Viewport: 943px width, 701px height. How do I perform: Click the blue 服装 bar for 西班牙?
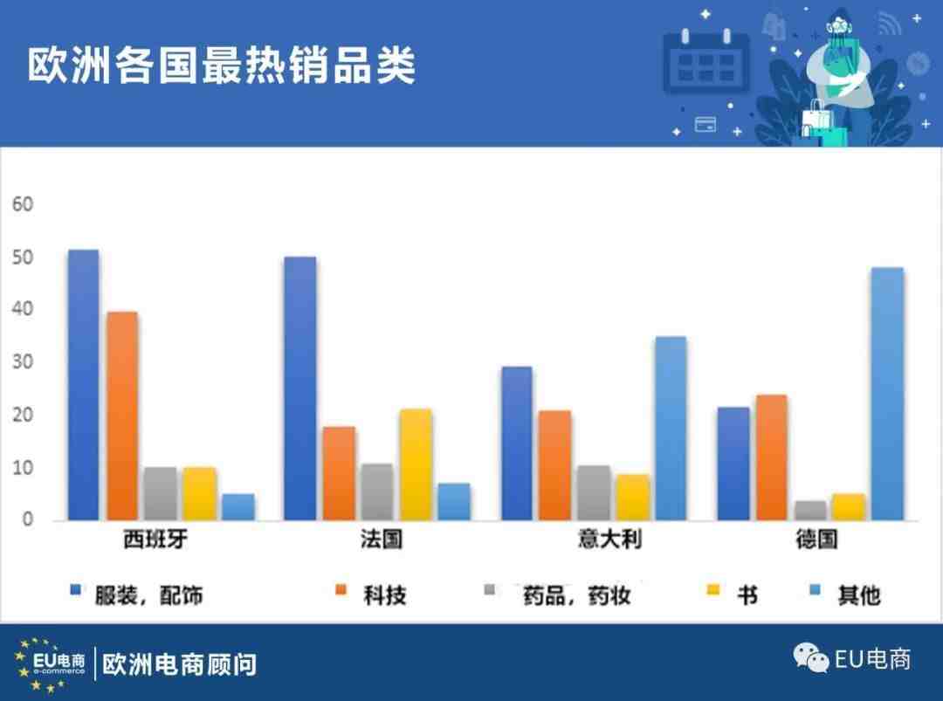(84, 385)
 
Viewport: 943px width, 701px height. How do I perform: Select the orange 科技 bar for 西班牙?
(123, 416)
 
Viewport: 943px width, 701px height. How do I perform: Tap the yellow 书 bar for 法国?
(416, 464)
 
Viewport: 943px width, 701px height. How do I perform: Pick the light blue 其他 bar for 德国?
(888, 394)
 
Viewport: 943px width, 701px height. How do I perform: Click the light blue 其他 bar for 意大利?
(671, 428)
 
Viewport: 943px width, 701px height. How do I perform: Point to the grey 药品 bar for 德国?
(810, 511)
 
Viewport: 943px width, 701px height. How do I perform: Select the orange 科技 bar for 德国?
(772, 457)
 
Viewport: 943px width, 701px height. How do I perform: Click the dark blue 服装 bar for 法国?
(300, 388)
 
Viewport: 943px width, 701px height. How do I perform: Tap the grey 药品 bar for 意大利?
(594, 493)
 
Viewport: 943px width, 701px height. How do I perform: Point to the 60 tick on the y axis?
(23, 204)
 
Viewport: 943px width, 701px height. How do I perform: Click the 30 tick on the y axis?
(23, 362)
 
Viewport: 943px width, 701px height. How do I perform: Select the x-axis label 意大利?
(609, 539)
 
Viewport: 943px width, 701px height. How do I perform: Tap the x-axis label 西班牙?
(155, 539)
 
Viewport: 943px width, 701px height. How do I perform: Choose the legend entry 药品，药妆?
(577, 595)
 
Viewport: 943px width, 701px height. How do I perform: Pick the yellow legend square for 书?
(713, 590)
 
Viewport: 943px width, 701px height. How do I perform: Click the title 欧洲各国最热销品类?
(221, 65)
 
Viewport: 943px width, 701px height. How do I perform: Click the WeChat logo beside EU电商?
(810, 657)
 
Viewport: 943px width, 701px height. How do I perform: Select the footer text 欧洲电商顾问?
(179, 665)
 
